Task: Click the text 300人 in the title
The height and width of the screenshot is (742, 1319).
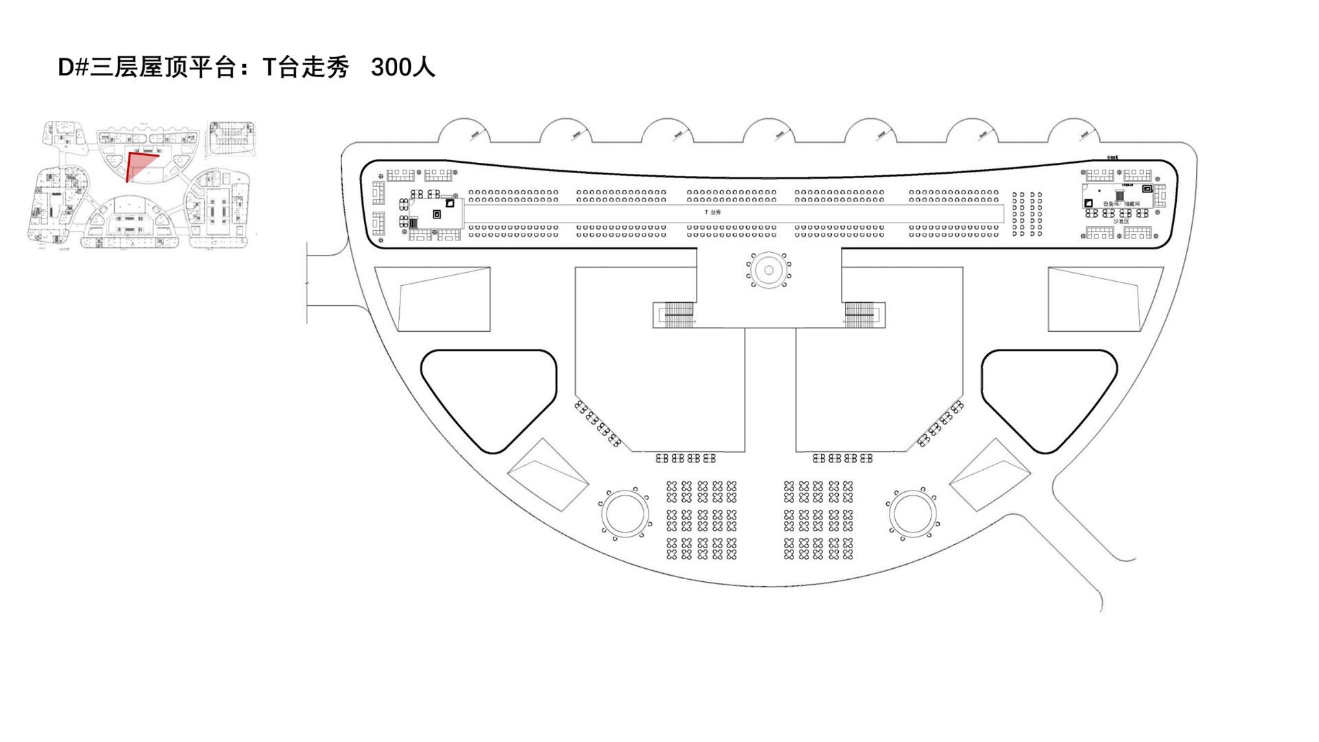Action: [x=403, y=67]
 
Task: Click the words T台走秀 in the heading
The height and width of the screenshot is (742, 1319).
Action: [x=306, y=67]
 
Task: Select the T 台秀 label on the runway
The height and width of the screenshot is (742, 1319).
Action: [x=713, y=212]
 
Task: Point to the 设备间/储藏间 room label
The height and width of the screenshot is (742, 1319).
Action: [x=1121, y=204]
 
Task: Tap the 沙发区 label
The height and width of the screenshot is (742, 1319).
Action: [x=1121, y=221]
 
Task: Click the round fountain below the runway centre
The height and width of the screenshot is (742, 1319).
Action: [x=769, y=270]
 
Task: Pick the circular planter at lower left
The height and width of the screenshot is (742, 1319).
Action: [x=624, y=513]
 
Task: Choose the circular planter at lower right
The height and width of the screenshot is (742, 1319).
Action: [x=912, y=513]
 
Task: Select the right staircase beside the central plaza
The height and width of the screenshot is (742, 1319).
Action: [x=859, y=315]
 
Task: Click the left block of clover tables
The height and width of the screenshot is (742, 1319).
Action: [x=701, y=520]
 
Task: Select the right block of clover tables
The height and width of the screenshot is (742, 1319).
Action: [x=818, y=520]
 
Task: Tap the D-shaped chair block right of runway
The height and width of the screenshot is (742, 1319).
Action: [x=1027, y=214]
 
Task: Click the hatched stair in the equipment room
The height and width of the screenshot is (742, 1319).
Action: [x=1119, y=195]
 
